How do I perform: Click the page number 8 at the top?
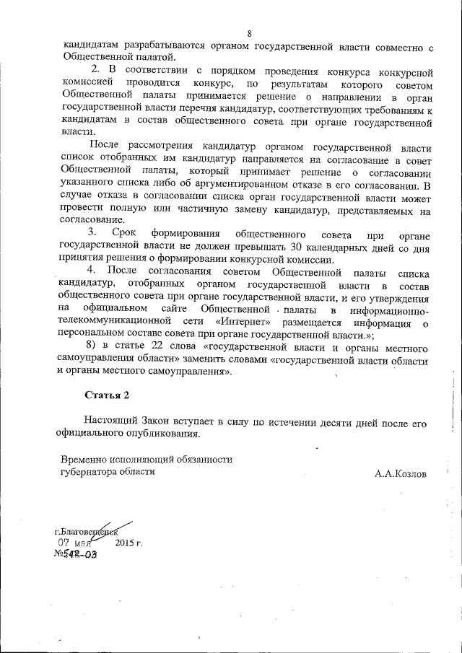(x=249, y=34)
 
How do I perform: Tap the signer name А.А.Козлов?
(x=401, y=474)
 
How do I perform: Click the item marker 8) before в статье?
(x=91, y=345)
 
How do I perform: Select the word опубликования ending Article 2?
(x=160, y=434)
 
